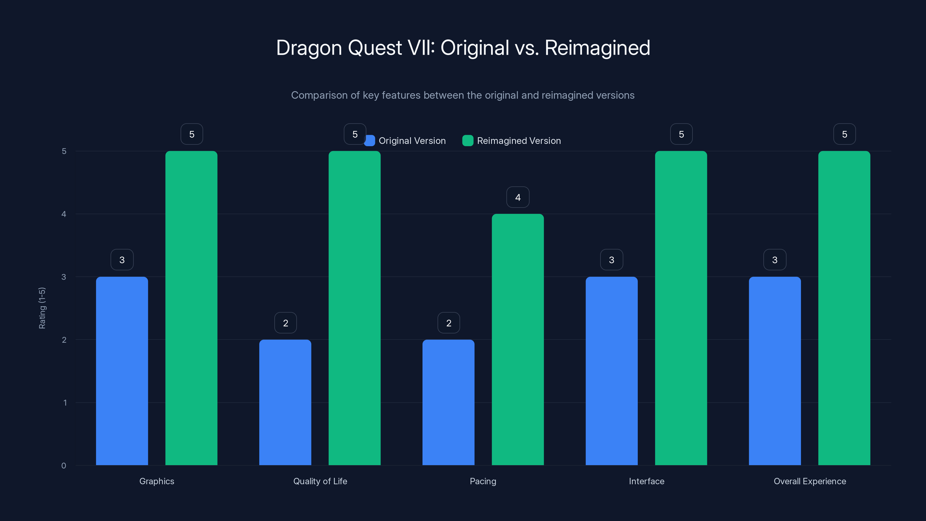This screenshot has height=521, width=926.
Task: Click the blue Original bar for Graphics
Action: [x=122, y=371]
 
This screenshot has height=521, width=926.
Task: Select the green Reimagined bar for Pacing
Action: [x=518, y=340]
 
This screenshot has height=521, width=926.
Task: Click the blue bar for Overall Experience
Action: [x=775, y=371]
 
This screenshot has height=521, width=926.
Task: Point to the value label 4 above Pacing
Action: [x=518, y=197]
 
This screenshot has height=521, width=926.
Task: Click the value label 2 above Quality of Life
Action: [x=285, y=323]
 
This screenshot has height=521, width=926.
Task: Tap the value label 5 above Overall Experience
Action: [x=844, y=134]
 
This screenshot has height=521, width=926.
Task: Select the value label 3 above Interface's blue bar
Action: [x=611, y=260]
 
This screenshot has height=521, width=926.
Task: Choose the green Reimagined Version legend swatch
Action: [x=468, y=141]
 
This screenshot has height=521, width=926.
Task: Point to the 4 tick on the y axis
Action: [x=64, y=214]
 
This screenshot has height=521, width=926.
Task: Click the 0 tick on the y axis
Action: [x=64, y=466]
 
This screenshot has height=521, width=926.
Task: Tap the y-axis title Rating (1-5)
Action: [x=42, y=308]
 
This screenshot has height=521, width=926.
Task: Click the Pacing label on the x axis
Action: [x=483, y=481]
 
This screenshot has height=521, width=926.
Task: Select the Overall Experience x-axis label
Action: [x=810, y=481]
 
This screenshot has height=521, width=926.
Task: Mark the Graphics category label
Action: [x=157, y=481]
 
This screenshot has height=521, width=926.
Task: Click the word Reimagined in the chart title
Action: [x=597, y=48]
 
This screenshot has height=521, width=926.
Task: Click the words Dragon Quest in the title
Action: [x=339, y=48]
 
